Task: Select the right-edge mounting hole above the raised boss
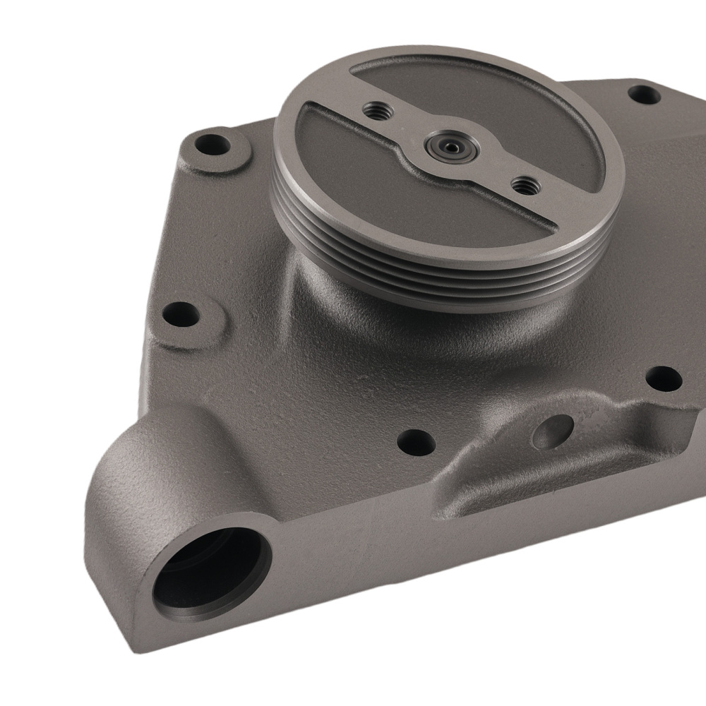(x=664, y=380)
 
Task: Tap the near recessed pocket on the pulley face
(x=395, y=184)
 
